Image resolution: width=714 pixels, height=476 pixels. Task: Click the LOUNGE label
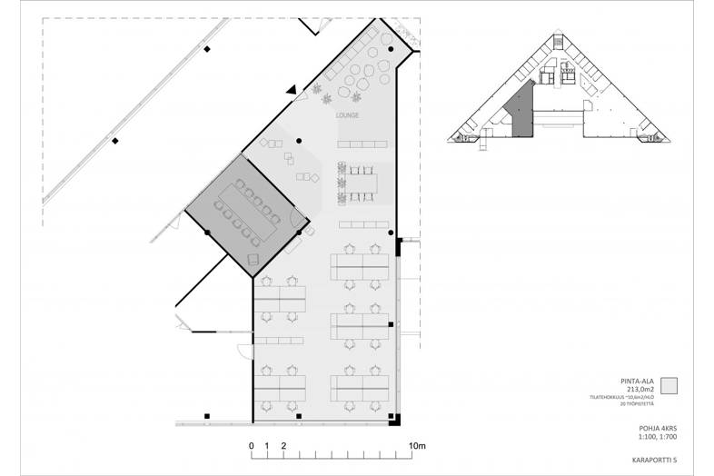click(347, 115)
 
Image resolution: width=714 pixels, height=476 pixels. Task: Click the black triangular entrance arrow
click(291, 90)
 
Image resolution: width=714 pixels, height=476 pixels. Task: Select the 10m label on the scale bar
click(417, 446)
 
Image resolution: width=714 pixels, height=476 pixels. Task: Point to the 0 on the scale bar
click(252, 446)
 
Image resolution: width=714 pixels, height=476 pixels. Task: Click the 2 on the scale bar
click(284, 446)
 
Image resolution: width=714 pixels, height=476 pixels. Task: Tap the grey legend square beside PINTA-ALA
click(669, 385)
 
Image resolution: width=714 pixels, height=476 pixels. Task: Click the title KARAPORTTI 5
click(644, 460)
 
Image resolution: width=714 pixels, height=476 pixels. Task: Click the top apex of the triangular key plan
click(558, 35)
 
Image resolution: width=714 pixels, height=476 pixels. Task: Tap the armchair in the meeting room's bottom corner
click(254, 259)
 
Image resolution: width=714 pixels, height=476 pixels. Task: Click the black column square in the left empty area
click(114, 140)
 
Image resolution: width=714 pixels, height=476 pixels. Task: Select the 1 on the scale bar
click(268, 446)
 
